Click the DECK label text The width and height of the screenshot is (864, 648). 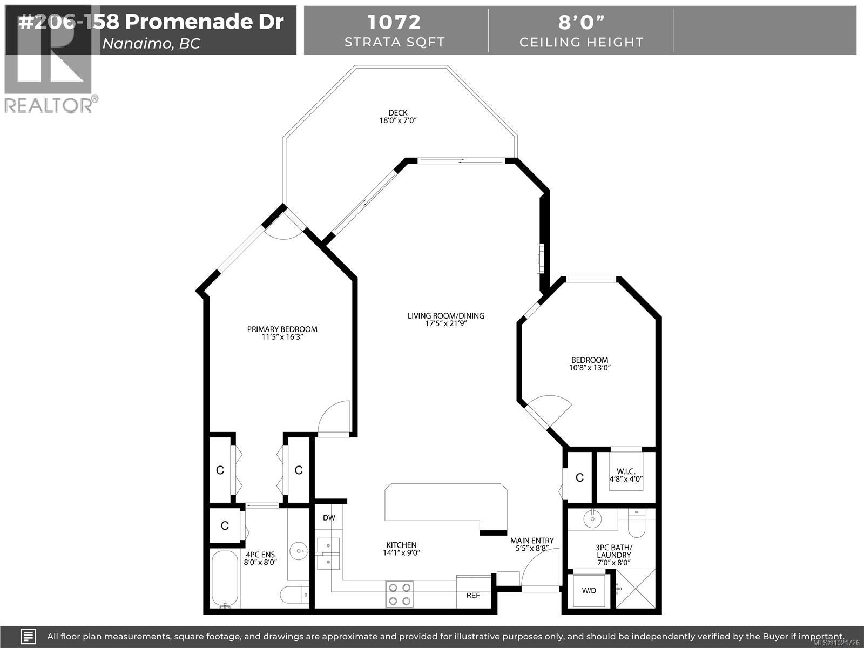coord(397,113)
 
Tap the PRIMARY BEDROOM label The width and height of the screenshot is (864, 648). coord(282,329)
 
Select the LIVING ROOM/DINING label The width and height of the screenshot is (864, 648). coord(446,316)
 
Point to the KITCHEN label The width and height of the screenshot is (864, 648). coord(401,545)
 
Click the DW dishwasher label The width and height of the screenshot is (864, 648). coord(329,518)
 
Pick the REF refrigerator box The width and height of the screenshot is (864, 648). coord(473,594)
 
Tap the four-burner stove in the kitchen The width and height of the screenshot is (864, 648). coord(400,594)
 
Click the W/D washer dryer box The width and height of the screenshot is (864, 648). coord(589,591)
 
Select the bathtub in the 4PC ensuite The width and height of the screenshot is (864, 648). coord(224,579)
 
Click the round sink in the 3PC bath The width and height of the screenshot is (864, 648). coord(592,519)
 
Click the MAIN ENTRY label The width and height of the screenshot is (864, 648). coord(532,541)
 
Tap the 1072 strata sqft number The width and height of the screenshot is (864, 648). coord(394,22)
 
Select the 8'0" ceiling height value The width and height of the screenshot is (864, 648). coord(581,22)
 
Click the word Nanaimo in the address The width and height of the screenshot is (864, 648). coord(135,44)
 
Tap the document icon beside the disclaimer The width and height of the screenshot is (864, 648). coord(28,636)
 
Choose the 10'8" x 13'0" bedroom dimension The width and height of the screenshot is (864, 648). coord(590,368)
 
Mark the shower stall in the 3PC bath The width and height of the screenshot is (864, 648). coord(635,590)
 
